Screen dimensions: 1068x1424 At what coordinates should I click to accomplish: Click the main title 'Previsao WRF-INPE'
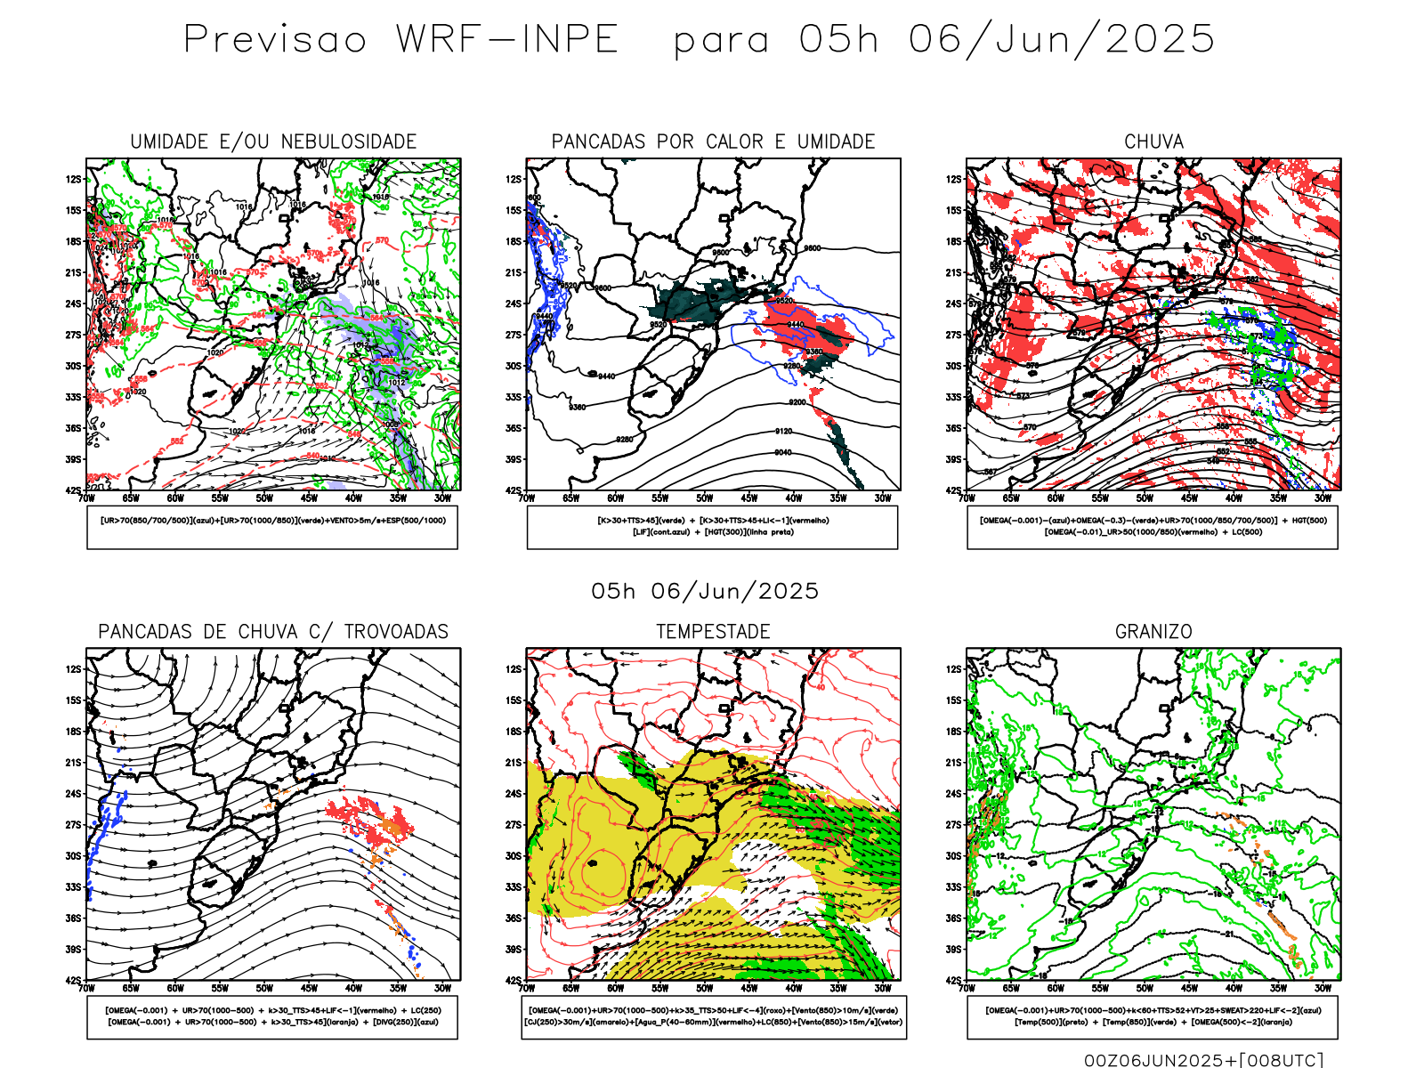400,40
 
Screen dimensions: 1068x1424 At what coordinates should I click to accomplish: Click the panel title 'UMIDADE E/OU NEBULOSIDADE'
273,142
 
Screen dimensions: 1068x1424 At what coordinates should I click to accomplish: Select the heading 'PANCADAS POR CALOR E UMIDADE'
713,142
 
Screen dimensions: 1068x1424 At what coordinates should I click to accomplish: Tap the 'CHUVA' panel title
1153,142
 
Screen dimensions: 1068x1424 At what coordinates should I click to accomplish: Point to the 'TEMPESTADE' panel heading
713,632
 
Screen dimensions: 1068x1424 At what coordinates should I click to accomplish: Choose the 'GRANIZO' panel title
1153,632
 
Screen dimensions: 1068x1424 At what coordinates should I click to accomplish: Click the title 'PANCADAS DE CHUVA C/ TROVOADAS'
273,632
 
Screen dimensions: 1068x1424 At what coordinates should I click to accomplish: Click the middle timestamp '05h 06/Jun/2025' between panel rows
705,591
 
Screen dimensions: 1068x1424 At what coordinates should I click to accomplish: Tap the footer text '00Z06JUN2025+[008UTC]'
1203,1060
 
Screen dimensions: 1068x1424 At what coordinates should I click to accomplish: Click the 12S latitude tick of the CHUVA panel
953,179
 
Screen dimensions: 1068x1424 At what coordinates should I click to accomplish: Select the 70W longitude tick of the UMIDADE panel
86,498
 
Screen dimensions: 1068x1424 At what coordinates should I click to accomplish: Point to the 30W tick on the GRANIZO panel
1323,988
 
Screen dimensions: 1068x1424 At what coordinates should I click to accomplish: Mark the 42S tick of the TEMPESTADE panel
514,981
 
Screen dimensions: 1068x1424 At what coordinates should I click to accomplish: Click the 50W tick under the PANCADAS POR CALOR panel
704,498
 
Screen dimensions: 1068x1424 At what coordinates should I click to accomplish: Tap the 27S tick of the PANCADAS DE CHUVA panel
73,825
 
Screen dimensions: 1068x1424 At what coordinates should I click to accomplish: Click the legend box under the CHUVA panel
1153,527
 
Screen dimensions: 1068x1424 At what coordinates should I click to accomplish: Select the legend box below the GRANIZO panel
1153,1016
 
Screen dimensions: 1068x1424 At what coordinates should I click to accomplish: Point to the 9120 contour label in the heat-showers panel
783,431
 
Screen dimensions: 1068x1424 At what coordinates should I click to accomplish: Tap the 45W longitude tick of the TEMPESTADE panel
748,988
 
